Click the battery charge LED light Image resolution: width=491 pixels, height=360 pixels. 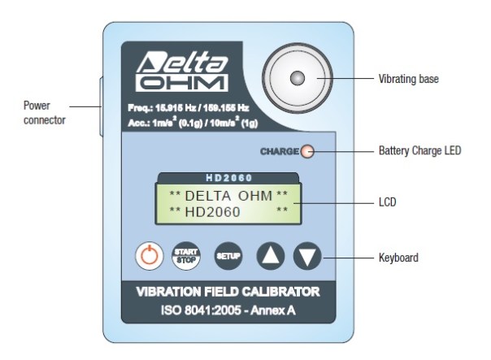click(x=307, y=151)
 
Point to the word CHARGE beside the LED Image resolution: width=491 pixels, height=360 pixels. click(x=279, y=151)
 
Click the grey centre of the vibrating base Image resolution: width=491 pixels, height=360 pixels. click(x=298, y=78)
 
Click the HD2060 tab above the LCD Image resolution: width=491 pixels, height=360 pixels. click(x=226, y=177)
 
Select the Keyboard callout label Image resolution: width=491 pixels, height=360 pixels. click(x=398, y=258)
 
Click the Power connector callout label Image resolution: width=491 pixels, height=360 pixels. click(x=41, y=113)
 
